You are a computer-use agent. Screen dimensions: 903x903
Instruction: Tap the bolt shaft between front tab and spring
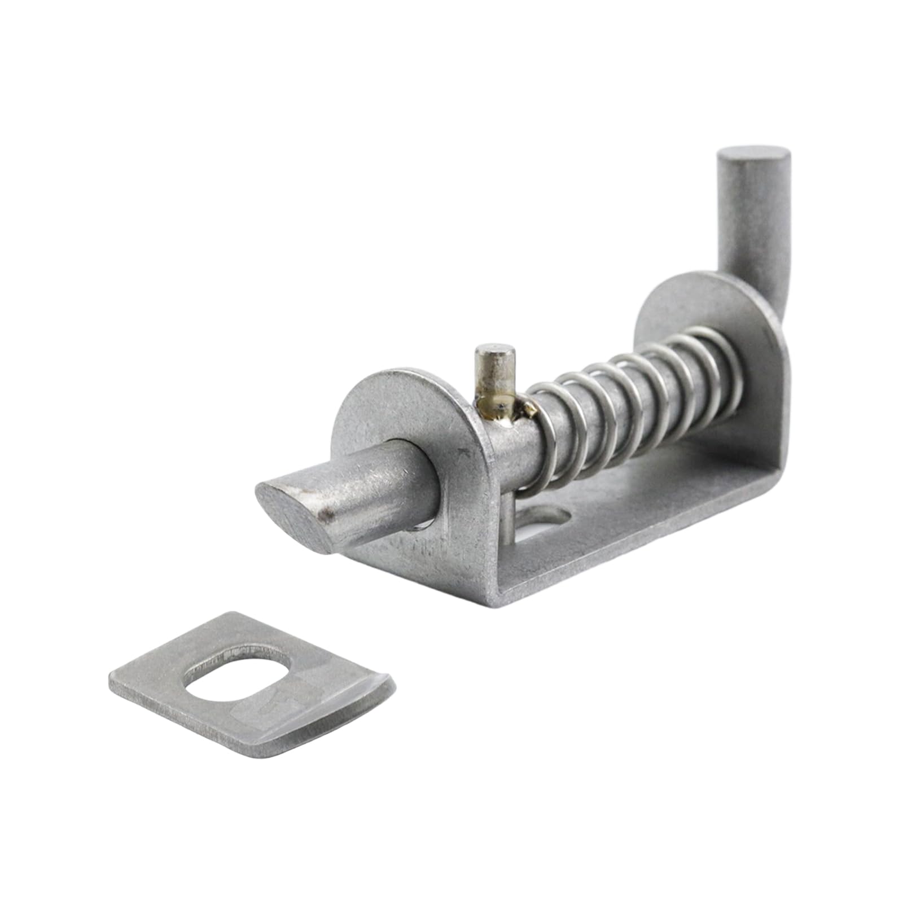point(514,446)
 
